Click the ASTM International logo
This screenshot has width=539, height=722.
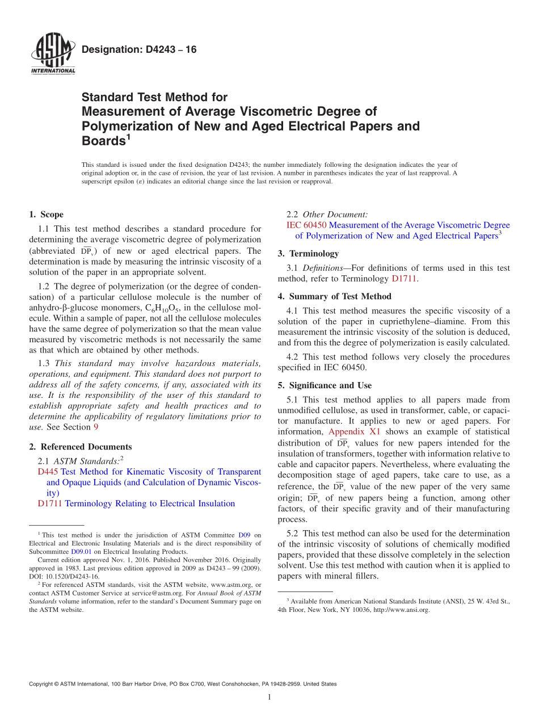pos(52,54)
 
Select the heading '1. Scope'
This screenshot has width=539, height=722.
pos(46,215)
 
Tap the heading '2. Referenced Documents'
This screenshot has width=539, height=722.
pos(80,447)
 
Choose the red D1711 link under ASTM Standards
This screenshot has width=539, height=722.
pos(50,503)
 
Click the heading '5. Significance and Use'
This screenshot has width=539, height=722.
pos(325,385)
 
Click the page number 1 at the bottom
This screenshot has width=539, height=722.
pos(269,698)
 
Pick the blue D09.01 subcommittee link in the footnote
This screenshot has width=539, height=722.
pos(81,551)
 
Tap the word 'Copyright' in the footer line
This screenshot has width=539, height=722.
pos(41,685)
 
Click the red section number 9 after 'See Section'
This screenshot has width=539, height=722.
pos(96,427)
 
